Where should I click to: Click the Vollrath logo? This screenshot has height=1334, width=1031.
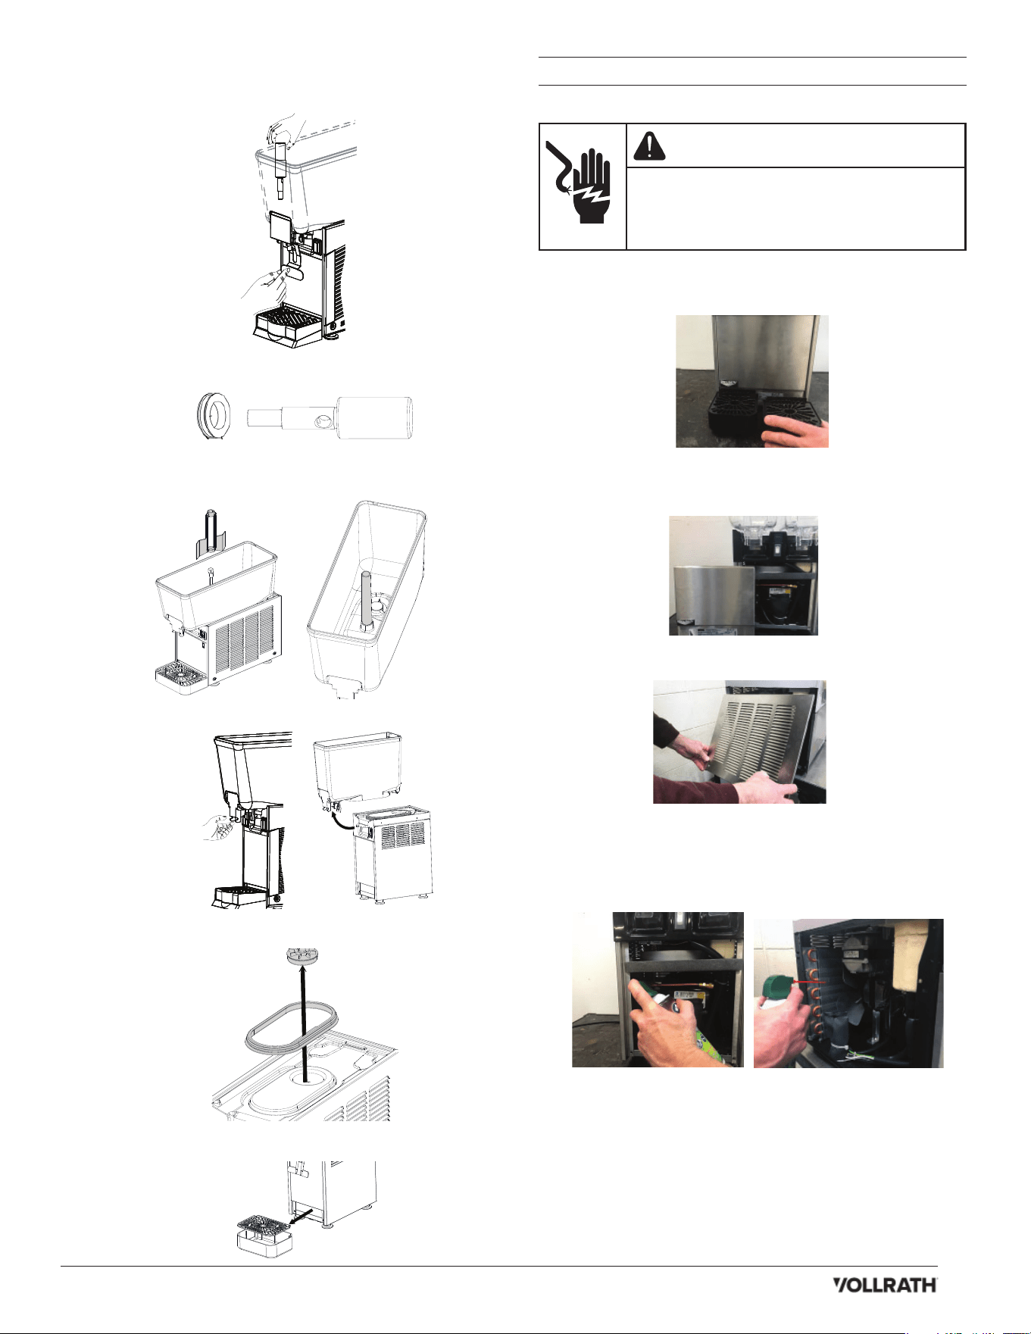[x=885, y=1285]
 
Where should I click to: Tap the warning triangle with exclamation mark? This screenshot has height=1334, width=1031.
[x=649, y=145]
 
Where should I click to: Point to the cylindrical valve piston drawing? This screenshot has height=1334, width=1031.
[x=330, y=417]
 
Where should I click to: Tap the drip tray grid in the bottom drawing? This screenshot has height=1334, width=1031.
[x=261, y=1223]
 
